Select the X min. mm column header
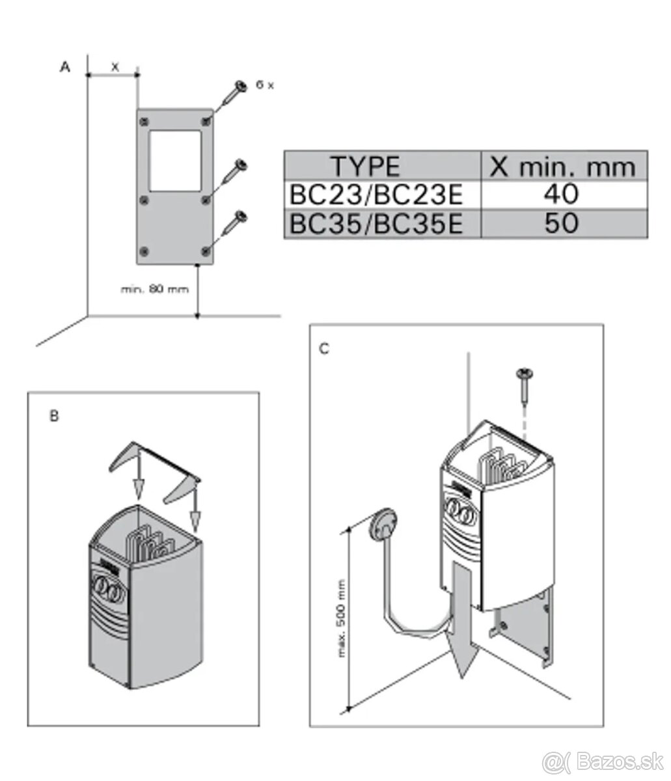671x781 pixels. coord(563,167)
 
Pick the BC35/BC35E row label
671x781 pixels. coord(376,223)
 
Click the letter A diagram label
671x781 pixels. coord(64,67)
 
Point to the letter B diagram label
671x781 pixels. coord(55,417)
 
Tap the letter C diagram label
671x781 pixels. coord(324,349)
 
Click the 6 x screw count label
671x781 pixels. coord(264,86)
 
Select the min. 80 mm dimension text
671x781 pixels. coord(155,288)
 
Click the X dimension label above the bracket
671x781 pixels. coord(115,66)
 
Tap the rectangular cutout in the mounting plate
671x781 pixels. coord(175,160)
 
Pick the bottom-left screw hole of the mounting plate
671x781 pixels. coord(144,251)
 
